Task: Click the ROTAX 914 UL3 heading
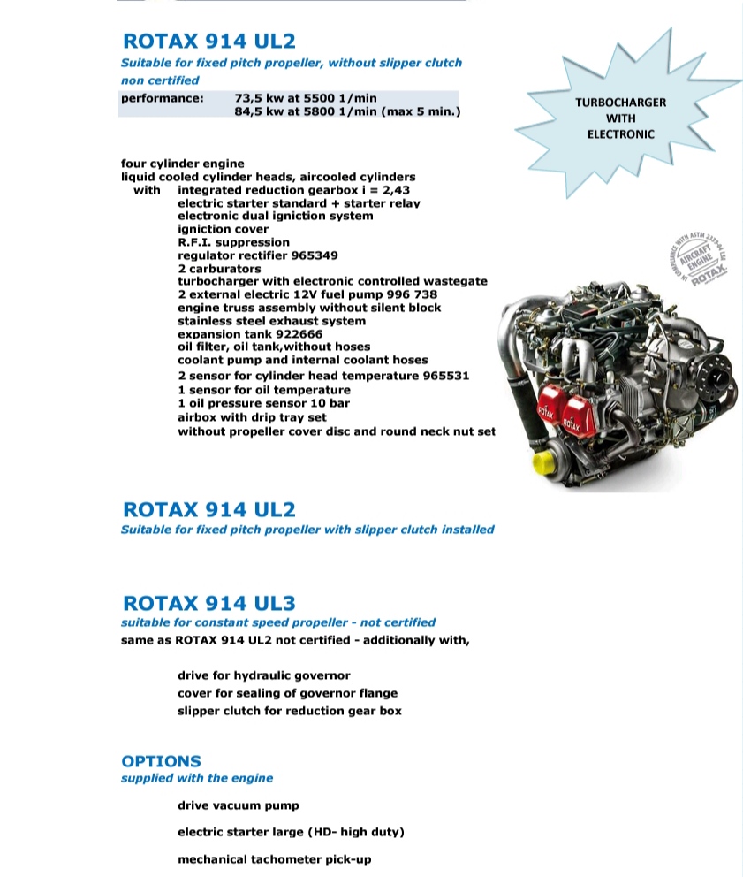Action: click(x=209, y=604)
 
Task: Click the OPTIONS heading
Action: click(x=161, y=761)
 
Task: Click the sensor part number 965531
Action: click(x=439, y=376)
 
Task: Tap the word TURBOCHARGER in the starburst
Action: click(x=620, y=103)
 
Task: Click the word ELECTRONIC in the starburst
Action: click(x=620, y=134)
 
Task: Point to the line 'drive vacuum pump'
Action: click(x=239, y=805)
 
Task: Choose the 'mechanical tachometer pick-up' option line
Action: click(x=274, y=859)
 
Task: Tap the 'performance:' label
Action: click(x=162, y=98)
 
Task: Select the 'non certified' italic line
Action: click(x=160, y=80)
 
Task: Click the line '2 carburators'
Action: click(x=219, y=269)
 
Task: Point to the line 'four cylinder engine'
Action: click(x=182, y=164)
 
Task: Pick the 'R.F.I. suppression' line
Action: click(x=233, y=242)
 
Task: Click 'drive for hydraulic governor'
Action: click(x=264, y=675)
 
